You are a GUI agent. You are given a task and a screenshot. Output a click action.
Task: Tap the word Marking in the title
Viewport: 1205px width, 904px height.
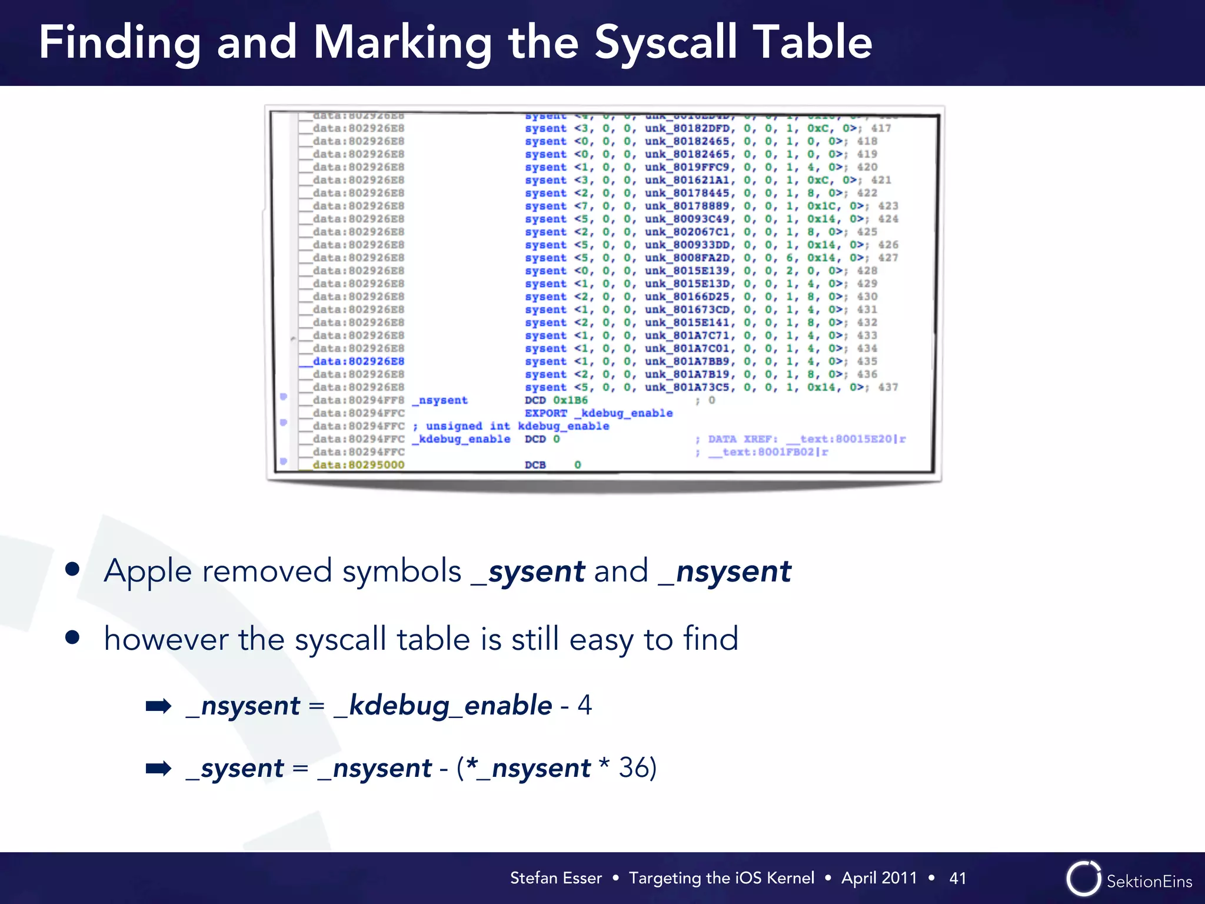click(x=402, y=42)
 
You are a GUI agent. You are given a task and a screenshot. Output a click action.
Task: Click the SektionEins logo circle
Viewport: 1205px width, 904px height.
click(x=1083, y=879)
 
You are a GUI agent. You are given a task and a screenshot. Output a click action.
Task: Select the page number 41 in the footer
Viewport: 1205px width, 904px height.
click(x=957, y=878)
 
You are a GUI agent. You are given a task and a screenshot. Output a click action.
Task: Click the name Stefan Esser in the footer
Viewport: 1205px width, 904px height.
click(x=555, y=878)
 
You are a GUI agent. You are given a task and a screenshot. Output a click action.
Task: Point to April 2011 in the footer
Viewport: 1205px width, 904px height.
click(x=879, y=878)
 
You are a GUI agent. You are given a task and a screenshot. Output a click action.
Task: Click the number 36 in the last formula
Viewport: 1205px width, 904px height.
click(x=633, y=767)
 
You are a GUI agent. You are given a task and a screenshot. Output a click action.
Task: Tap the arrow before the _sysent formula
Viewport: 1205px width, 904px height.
click(x=158, y=768)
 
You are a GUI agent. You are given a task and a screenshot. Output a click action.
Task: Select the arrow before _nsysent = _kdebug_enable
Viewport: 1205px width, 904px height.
click(x=158, y=706)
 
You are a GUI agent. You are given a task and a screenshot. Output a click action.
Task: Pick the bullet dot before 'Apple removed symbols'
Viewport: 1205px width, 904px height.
click(x=72, y=569)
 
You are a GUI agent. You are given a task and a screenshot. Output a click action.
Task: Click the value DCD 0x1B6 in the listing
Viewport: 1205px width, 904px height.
click(x=556, y=400)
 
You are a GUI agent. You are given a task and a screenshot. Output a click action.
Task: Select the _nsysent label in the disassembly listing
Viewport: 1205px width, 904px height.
click(x=440, y=400)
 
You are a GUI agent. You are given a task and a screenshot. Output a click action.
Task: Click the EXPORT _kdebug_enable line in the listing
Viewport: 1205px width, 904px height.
click(x=598, y=413)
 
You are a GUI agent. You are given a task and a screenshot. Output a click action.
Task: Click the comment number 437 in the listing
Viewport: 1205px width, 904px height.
click(x=888, y=387)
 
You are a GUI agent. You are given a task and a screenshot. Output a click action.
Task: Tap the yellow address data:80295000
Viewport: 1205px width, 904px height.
click(x=358, y=465)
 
